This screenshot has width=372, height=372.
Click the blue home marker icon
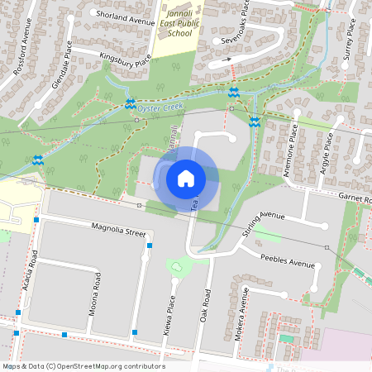tap(186, 178)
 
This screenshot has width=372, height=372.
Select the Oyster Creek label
tap(161, 106)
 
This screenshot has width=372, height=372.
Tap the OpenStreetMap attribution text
tap(83, 365)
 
